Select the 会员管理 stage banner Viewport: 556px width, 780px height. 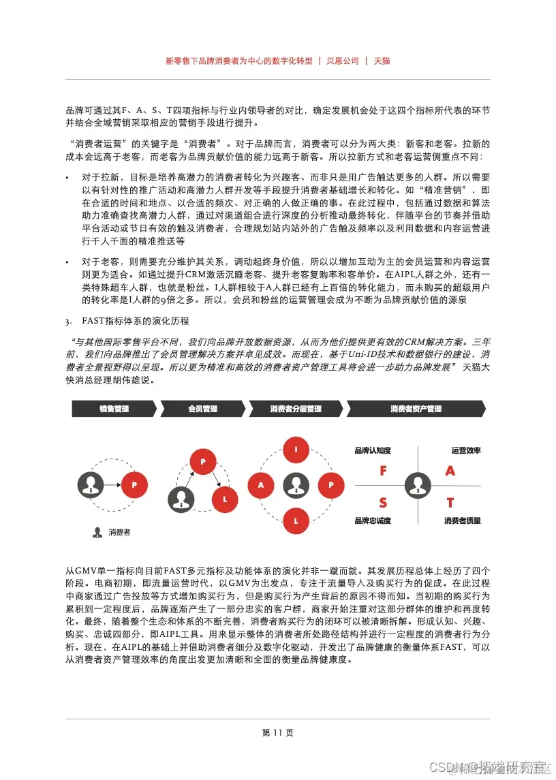(202, 409)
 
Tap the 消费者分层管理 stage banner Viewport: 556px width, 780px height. (295, 409)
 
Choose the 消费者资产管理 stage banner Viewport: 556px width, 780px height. (416, 409)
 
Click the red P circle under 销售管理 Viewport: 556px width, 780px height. (134, 485)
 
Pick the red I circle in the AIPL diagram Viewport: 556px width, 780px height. (296, 450)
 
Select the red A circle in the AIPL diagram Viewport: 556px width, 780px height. (260, 485)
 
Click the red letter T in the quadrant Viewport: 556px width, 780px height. (450, 503)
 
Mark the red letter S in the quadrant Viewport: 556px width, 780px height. (383, 503)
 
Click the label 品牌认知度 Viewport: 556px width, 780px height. (373, 451)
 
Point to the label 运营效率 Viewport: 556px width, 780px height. (465, 451)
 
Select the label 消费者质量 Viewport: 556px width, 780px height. (462, 520)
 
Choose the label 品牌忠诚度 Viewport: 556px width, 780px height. (373, 520)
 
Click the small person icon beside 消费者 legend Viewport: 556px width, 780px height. (97, 533)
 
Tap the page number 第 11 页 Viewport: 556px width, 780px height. (277, 733)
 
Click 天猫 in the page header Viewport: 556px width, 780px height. (382, 61)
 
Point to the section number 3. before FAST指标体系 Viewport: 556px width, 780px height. (68, 321)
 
